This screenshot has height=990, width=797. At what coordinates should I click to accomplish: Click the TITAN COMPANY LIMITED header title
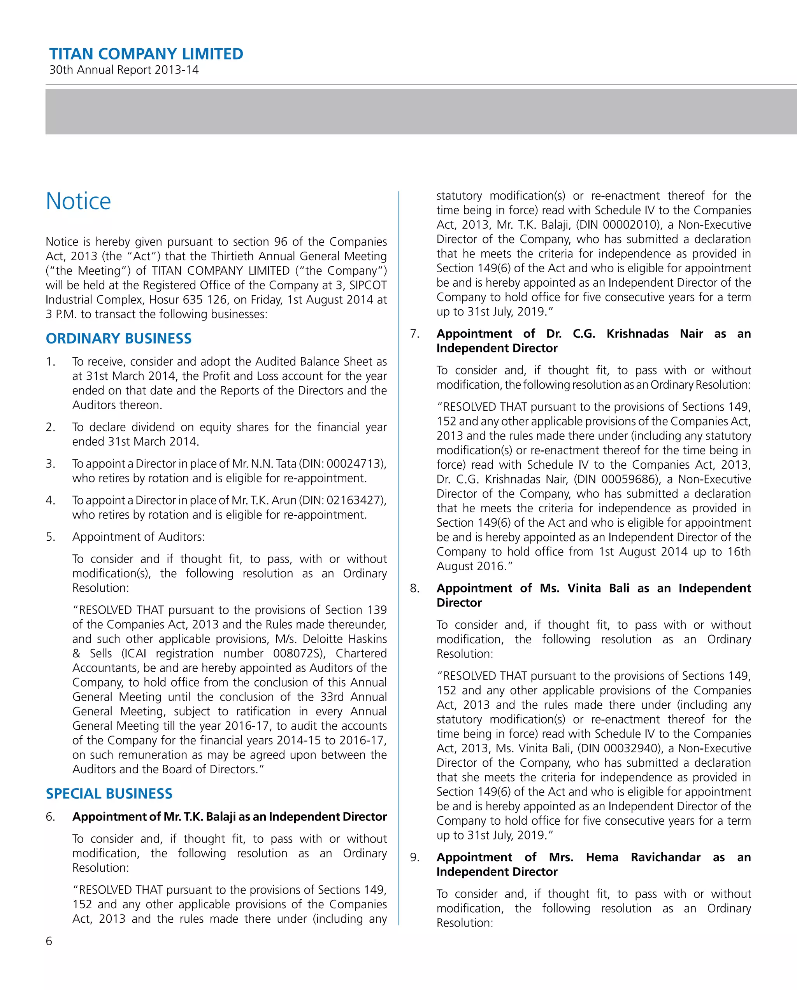pyautogui.click(x=146, y=54)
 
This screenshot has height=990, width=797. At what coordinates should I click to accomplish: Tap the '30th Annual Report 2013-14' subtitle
pyautogui.click(x=124, y=70)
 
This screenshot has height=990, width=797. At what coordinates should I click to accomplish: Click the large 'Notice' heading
pyautogui.click(x=79, y=201)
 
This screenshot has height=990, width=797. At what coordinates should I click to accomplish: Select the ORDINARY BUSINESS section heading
pyautogui.click(x=119, y=338)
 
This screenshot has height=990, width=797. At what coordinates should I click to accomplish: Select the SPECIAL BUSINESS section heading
pyautogui.click(x=109, y=794)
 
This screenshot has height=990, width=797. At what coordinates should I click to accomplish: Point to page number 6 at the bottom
pyautogui.click(x=49, y=941)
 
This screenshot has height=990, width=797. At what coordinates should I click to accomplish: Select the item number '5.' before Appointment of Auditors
pyautogui.click(x=51, y=537)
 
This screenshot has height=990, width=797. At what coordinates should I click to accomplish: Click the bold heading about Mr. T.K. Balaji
pyautogui.click(x=229, y=817)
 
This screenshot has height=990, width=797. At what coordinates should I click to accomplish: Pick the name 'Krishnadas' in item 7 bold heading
pyautogui.click(x=637, y=334)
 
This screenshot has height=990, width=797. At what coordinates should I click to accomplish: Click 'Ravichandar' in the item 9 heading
pyautogui.click(x=665, y=857)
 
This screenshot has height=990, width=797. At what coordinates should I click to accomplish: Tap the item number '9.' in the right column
pyautogui.click(x=414, y=857)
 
